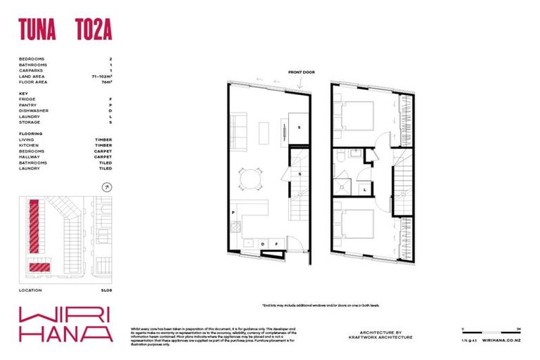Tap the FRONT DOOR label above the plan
pyautogui.click(x=301, y=72)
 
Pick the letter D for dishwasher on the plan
pyautogui.click(x=263, y=244)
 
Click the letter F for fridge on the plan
pyautogui.click(x=276, y=244)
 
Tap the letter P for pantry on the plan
pyautogui.click(x=232, y=212)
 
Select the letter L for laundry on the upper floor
pyautogui.click(x=366, y=188)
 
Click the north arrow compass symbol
pyautogui.click(x=106, y=187)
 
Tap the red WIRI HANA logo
pyautogui.click(x=65, y=323)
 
